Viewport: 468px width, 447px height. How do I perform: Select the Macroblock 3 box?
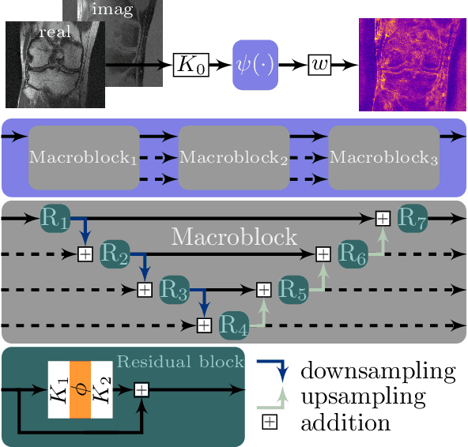(384, 157)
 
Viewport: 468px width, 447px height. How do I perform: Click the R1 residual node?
(55, 218)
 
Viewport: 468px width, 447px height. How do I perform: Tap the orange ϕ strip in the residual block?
(81, 390)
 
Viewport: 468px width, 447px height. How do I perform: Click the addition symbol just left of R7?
(383, 218)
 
